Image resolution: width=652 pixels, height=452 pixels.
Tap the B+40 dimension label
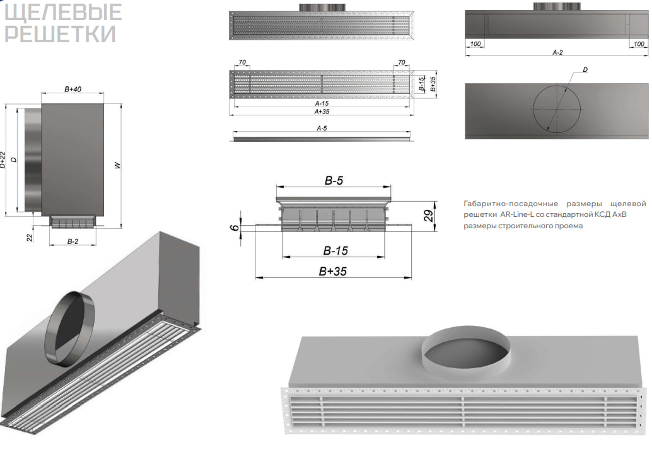(x=73, y=90)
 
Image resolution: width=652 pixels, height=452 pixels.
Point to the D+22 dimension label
(x=4, y=160)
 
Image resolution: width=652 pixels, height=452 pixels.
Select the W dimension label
(x=117, y=166)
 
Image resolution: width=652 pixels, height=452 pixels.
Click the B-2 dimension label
(x=73, y=241)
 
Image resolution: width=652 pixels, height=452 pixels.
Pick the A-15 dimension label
(x=322, y=103)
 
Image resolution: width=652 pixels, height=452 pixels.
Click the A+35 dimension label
(x=322, y=112)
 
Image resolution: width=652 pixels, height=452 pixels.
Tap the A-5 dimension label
(x=322, y=128)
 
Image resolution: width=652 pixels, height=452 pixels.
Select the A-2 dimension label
(x=557, y=53)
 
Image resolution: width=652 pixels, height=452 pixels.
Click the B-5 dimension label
(x=334, y=181)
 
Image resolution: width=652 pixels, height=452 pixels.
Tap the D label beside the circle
(x=585, y=69)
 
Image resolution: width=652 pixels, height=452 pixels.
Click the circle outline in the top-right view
(x=533, y=110)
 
